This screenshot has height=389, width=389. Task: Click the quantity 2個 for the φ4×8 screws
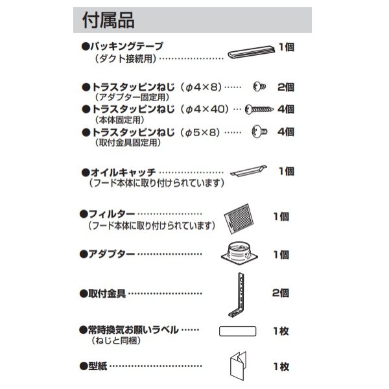pyautogui.click(x=285, y=87)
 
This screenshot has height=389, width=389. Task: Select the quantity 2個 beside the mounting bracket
pyautogui.click(x=281, y=294)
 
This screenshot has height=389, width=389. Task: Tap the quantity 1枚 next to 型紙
pyautogui.click(x=281, y=366)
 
